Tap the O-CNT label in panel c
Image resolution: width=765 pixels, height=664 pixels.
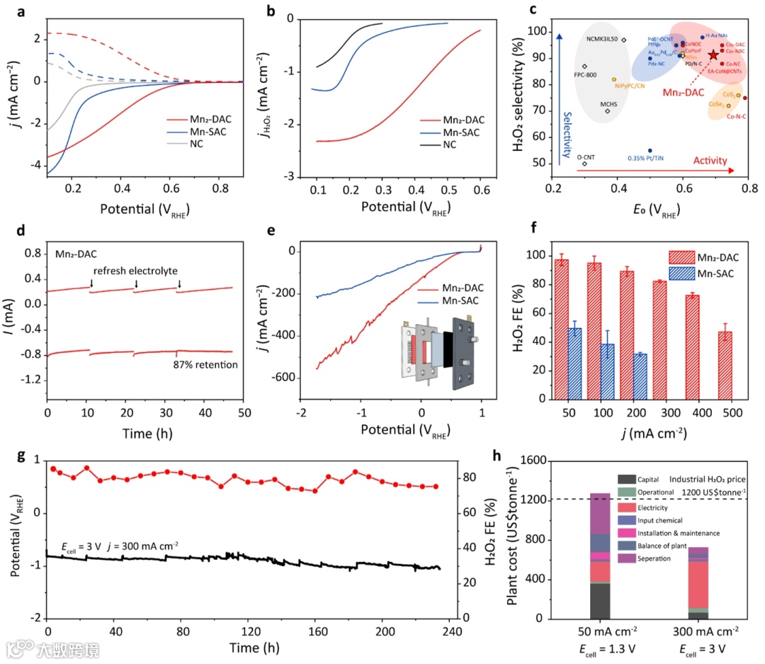(x=585, y=157)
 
